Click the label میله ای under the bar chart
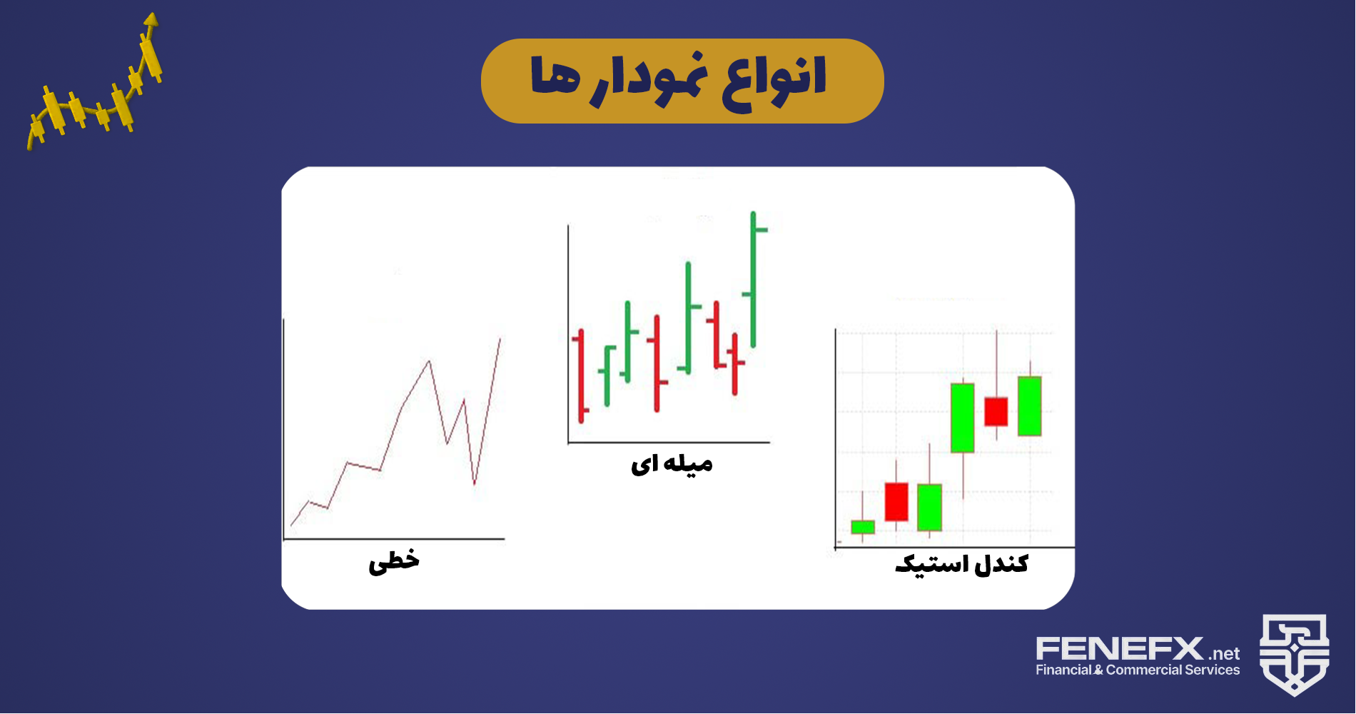[x=672, y=464]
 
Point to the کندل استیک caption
[x=961, y=564]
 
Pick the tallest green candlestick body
[x=963, y=418]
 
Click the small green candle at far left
[x=863, y=527]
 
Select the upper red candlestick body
[x=996, y=412]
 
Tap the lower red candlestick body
[x=896, y=502]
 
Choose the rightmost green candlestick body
[x=1029, y=406]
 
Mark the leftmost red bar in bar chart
[x=582, y=376]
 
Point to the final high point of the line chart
[x=500, y=338]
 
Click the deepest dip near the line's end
[x=475, y=485]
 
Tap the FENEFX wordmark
[x=1120, y=650]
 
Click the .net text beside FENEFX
[x=1225, y=654]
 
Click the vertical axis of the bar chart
[x=568, y=333]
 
